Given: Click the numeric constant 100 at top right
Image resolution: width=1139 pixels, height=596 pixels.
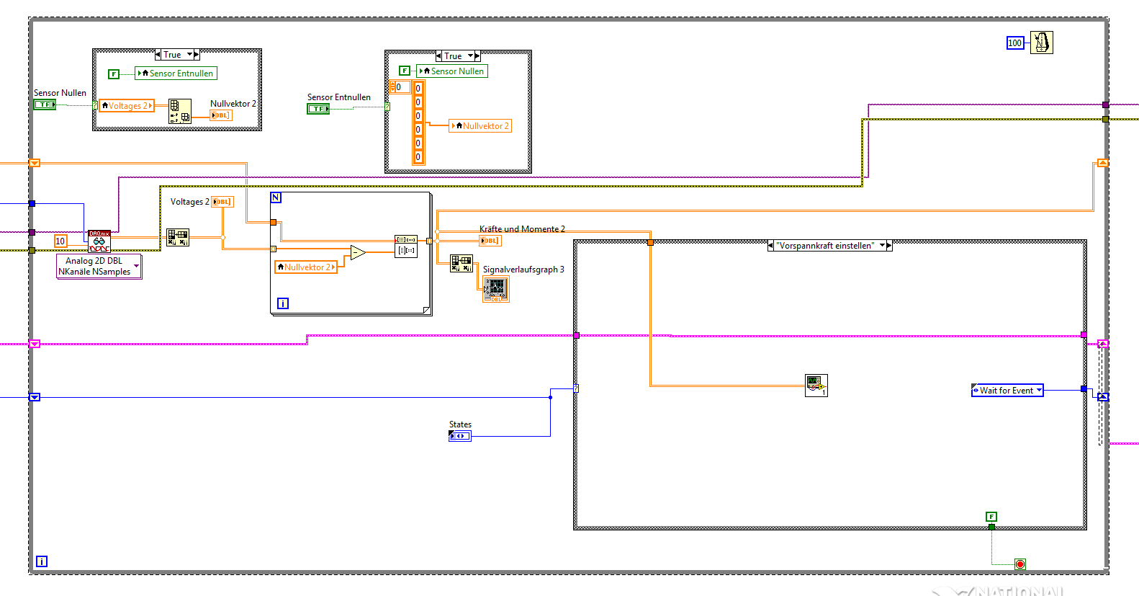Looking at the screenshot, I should pyautogui.click(x=1014, y=43).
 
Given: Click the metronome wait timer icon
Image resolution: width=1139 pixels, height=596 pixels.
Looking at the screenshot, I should pyautogui.click(x=1041, y=43).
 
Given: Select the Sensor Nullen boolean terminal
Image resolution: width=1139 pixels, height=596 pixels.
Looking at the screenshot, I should pyautogui.click(x=45, y=104).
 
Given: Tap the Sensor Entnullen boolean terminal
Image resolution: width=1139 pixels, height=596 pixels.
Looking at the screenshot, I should pyautogui.click(x=318, y=109).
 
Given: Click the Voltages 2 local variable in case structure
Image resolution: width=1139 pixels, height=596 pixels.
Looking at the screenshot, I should pyautogui.click(x=127, y=106).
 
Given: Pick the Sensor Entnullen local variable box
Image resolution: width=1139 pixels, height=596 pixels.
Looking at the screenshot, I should pyautogui.click(x=176, y=74).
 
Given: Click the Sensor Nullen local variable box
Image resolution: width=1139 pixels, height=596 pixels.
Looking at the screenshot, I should pyautogui.click(x=452, y=71).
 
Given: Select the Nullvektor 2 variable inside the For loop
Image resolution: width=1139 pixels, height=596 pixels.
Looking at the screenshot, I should pyautogui.click(x=306, y=267).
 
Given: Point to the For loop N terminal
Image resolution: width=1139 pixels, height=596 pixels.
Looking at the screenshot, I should pyautogui.click(x=276, y=197).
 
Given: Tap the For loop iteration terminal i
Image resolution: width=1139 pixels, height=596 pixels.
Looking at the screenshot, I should pyautogui.click(x=283, y=303).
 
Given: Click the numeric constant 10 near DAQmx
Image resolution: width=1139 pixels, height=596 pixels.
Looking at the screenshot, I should pyautogui.click(x=60, y=241).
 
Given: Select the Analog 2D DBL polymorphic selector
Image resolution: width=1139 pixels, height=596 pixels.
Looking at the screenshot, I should pyautogui.click(x=99, y=267).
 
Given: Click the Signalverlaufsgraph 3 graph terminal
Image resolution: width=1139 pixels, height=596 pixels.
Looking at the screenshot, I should pyautogui.click(x=496, y=288).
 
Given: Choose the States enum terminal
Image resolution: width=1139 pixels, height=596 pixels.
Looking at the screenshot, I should pyautogui.click(x=460, y=436).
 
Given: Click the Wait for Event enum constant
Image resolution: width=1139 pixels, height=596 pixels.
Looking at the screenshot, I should pyautogui.click(x=1007, y=391).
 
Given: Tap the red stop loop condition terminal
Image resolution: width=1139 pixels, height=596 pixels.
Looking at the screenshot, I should pyautogui.click(x=1020, y=564).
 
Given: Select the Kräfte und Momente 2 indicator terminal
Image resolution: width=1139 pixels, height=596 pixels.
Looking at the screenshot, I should pyautogui.click(x=490, y=241).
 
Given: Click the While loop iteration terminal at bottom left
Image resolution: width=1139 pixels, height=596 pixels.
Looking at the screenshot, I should pyautogui.click(x=42, y=561).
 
